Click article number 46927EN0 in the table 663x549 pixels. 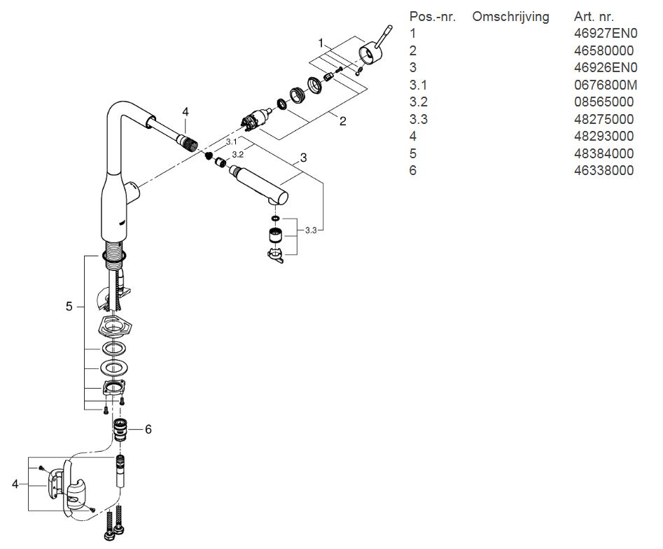pyautogui.click(x=606, y=33)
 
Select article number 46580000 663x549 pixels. pyautogui.click(x=603, y=50)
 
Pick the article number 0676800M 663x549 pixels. pyautogui.click(x=606, y=85)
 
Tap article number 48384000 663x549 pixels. pyautogui.click(x=603, y=153)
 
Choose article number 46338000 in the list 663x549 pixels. pyautogui.click(x=603, y=170)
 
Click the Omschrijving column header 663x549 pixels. pyautogui.click(x=510, y=16)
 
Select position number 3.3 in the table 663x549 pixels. pyautogui.click(x=419, y=119)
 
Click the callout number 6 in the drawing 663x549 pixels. pyautogui.click(x=148, y=429)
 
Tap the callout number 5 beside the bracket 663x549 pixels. pyautogui.click(x=69, y=306)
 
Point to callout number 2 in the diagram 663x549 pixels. pyautogui.click(x=343, y=121)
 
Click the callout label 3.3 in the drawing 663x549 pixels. pyautogui.click(x=312, y=230)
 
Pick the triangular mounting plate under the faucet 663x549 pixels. pyautogui.click(x=111, y=324)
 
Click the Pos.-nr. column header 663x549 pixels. pyautogui.click(x=433, y=16)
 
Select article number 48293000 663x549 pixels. pyautogui.click(x=603, y=136)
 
